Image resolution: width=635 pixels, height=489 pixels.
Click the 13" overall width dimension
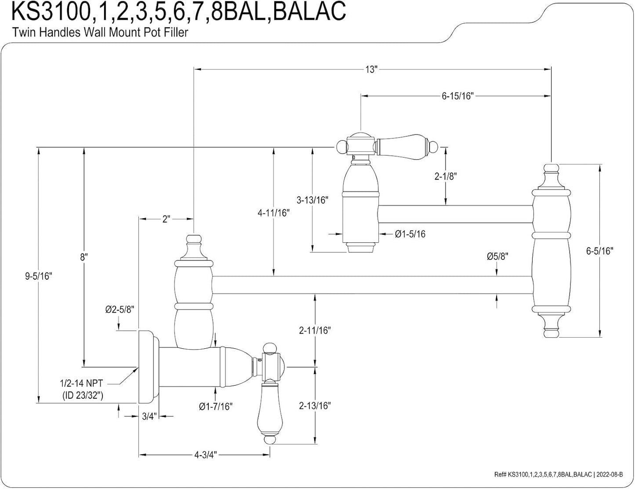pos(371,69)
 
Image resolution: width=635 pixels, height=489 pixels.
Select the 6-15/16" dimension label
pos(457,96)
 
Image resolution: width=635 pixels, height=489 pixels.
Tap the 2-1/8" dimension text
pos(445,176)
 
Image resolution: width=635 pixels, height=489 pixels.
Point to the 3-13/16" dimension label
pos(312,200)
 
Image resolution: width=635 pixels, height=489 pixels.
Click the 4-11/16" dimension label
pos(273,213)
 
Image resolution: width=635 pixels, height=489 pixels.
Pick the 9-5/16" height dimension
pos(39,276)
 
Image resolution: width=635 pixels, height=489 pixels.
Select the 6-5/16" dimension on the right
pos(600,251)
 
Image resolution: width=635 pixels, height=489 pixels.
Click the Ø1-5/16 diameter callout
pos(410,234)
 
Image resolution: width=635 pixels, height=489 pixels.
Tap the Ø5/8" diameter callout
pos(497,256)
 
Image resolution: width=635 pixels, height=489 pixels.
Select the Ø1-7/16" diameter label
pos(216,406)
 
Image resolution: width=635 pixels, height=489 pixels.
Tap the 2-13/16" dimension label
pos(315,406)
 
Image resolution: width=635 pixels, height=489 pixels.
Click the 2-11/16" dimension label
pos(315,330)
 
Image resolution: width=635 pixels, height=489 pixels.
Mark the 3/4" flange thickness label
pos(149,416)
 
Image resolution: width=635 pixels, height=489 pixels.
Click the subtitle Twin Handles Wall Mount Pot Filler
pos(100,32)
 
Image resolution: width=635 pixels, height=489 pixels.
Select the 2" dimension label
pos(166,219)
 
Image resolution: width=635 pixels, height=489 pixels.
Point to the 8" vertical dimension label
pos(84,257)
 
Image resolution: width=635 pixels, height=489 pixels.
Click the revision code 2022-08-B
pos(609,474)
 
